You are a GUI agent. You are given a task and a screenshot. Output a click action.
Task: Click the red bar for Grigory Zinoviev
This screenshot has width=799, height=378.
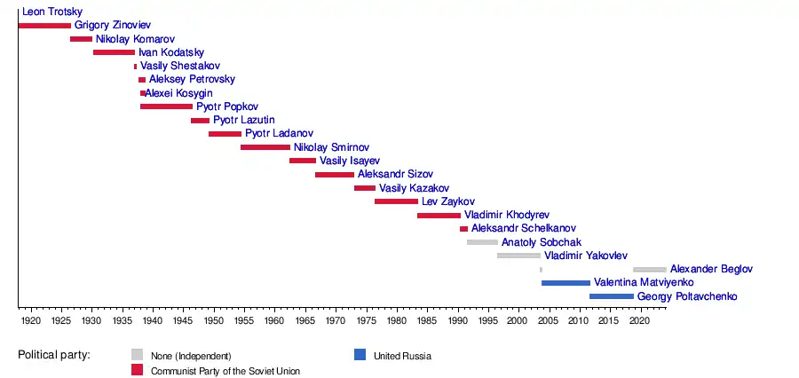[44, 25]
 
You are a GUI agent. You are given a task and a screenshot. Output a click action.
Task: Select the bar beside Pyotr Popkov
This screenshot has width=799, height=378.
[166, 106]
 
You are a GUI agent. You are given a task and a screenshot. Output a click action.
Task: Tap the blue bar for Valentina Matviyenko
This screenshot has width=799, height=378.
[566, 282]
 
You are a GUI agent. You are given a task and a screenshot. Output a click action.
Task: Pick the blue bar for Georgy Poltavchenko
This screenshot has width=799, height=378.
[612, 295]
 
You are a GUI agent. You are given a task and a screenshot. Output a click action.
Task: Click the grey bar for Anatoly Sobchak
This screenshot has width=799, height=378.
[482, 241]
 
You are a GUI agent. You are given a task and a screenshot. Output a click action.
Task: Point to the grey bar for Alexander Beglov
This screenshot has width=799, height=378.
[650, 269]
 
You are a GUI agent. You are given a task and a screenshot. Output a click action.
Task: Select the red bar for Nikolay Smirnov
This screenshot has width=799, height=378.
[265, 147]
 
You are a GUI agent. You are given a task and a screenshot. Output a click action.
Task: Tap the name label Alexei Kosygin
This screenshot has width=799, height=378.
[179, 93]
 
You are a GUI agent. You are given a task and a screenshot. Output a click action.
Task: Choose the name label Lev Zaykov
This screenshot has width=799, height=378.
[448, 201]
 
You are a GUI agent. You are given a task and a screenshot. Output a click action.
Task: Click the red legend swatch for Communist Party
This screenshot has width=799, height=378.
[137, 369]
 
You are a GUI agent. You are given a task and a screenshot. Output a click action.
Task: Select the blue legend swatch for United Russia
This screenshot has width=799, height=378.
[360, 356]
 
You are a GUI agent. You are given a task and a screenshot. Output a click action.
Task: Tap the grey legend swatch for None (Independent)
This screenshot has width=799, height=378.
[137, 356]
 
